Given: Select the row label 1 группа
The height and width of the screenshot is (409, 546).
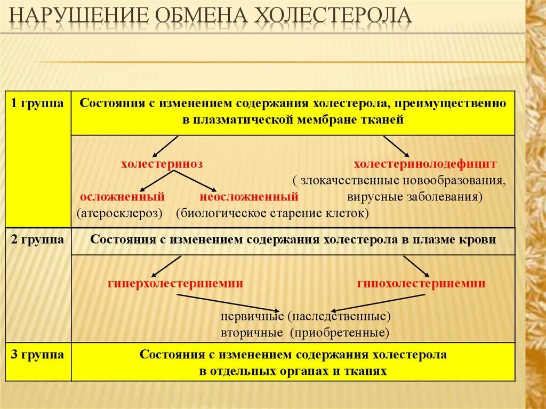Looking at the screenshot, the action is (38, 103).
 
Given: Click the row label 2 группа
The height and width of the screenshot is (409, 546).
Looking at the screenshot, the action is (38, 239).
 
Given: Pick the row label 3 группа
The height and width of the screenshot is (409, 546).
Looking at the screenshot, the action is (38, 355).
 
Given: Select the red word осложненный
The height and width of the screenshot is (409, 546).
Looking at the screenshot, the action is (122, 197).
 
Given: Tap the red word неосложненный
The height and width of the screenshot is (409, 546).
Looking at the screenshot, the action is (248, 197).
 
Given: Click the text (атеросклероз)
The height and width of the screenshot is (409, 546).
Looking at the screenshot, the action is (119, 213).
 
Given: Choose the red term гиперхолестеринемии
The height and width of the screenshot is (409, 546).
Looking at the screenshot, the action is (175, 284).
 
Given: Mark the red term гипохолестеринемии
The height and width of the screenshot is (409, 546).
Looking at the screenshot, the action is (421, 284).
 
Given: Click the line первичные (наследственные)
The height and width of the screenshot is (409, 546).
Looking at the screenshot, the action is (306, 316).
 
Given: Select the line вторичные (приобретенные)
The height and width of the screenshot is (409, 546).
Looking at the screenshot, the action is (304, 333).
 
